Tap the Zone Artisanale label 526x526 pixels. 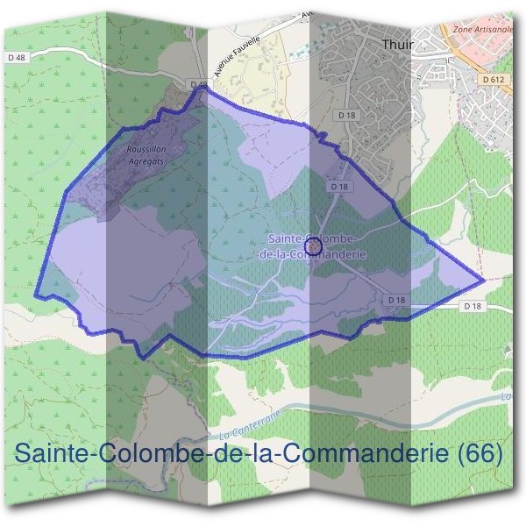pyautogui.click(x=483, y=29)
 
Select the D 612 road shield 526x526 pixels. pyautogui.click(x=494, y=80)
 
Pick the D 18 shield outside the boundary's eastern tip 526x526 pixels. pyautogui.click(x=472, y=306)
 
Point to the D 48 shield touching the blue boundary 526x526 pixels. pyautogui.click(x=199, y=85)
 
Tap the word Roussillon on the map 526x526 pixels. pyautogui.click(x=147, y=150)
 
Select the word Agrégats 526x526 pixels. pyautogui.click(x=146, y=161)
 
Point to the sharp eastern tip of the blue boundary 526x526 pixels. pyautogui.click(x=483, y=281)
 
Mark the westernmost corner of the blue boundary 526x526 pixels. pyautogui.click(x=36, y=295)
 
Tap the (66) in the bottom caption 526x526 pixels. pyautogui.click(x=481, y=454)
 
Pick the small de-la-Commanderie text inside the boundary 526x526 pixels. pyautogui.click(x=313, y=255)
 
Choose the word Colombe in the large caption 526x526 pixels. pyautogui.click(x=147, y=454)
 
